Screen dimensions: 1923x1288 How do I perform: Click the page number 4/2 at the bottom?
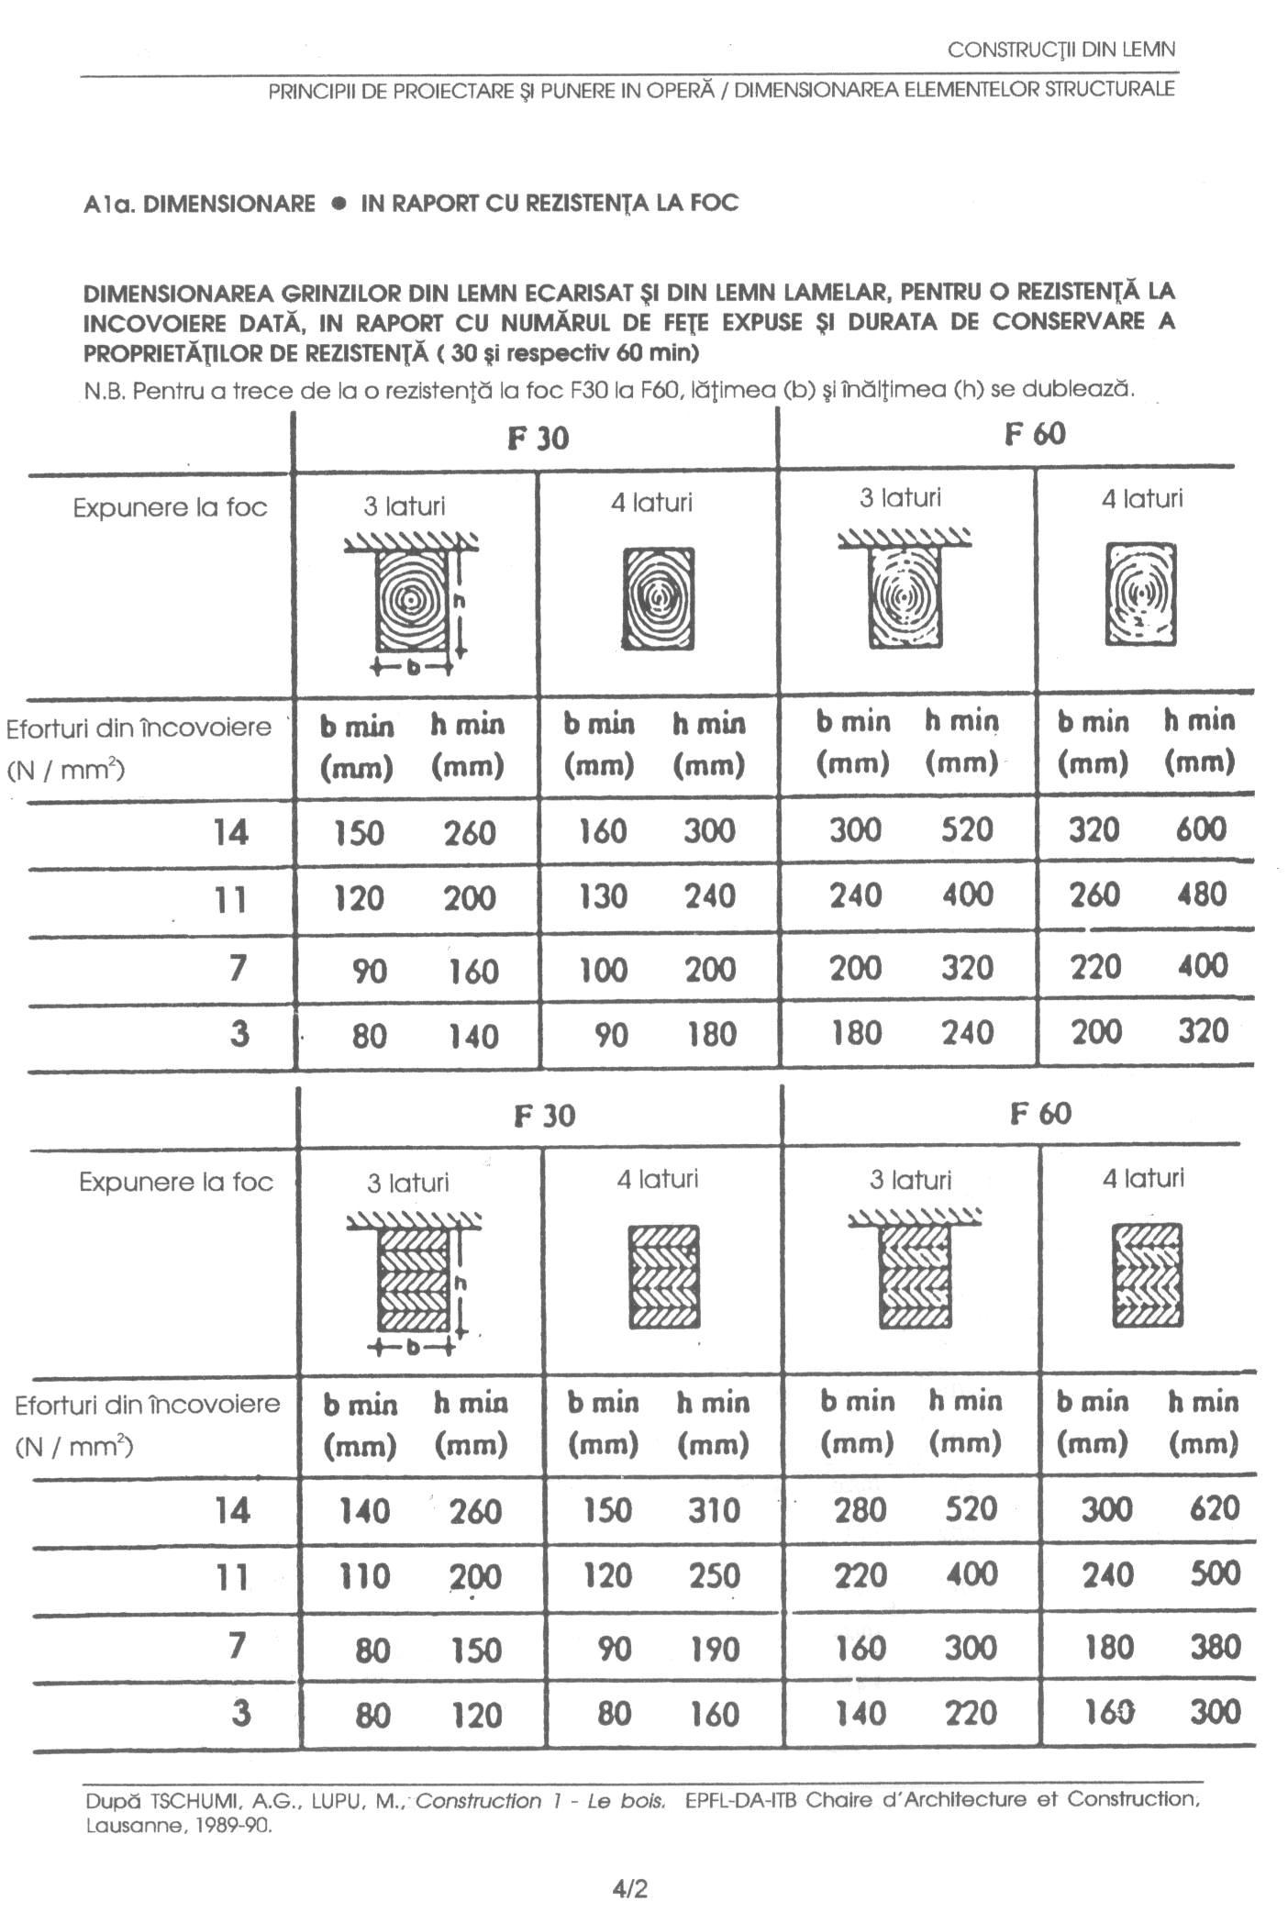point(630,1889)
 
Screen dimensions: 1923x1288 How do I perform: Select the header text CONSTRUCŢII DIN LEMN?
point(1061,50)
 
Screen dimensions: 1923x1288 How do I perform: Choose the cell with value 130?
point(603,896)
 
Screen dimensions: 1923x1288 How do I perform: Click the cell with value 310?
point(713,1510)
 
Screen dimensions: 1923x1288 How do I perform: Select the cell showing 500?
point(1215,1574)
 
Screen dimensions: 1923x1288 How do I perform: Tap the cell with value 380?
point(1215,1646)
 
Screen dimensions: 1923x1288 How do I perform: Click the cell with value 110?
point(364,1577)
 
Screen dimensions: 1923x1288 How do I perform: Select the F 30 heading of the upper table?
point(538,439)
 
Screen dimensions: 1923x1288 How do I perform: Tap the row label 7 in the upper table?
point(238,968)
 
